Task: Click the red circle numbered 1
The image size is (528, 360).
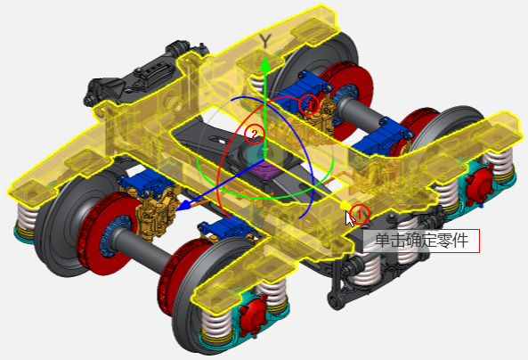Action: tap(360, 214)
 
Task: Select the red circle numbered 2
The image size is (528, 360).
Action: tap(255, 135)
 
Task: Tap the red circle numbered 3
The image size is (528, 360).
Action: tap(308, 105)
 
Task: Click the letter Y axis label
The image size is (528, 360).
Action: tap(265, 41)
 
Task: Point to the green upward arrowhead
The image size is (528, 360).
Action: tap(265, 64)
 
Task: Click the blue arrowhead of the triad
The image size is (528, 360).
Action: tap(183, 205)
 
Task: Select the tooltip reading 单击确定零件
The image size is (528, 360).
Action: tap(421, 241)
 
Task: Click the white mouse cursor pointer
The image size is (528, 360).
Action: tap(350, 218)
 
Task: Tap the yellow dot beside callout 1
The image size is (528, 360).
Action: tap(345, 204)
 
